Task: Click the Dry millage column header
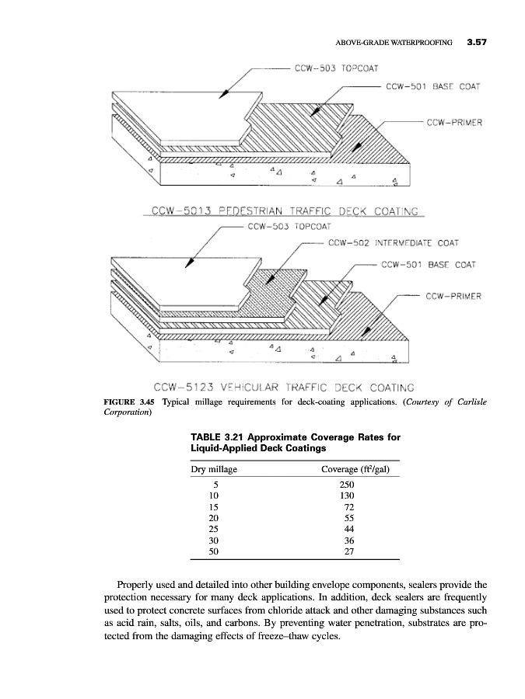[214, 470]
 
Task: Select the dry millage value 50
[214, 552]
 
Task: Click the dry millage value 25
[214, 529]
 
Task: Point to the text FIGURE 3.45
[130, 402]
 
